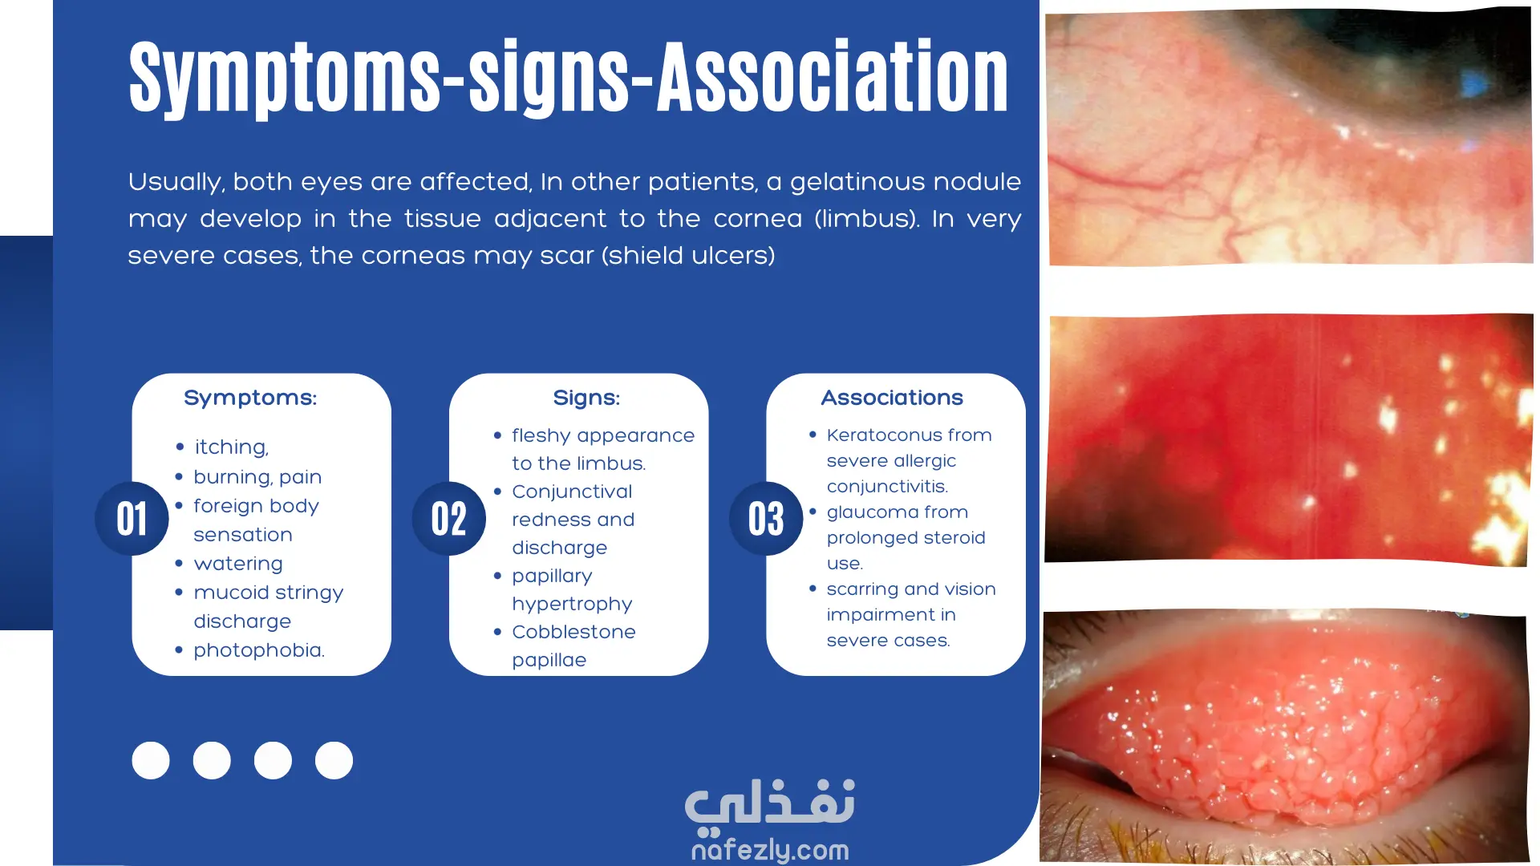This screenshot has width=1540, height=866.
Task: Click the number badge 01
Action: pos(132,519)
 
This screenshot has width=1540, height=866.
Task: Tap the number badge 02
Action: pos(449,519)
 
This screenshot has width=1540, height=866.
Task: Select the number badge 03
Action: pos(766,519)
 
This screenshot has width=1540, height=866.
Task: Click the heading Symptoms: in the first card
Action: pos(250,398)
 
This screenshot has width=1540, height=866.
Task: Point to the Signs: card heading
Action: pos(586,398)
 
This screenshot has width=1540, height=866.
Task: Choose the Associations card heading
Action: pos(892,398)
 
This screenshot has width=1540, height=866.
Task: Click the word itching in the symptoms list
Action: pos(231,447)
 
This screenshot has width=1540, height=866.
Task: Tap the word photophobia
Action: pos(258,650)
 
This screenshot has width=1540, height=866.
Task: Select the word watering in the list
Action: pos(238,564)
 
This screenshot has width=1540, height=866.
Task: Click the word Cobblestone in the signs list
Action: pos(573,632)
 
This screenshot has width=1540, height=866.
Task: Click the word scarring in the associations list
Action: pos(862,589)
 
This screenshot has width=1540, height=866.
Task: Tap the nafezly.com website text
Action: pos(770,850)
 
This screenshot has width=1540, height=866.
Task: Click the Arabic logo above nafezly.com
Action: pos(770,804)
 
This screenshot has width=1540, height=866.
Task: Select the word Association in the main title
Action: pos(833,76)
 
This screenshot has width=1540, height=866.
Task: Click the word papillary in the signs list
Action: pos(552,577)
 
